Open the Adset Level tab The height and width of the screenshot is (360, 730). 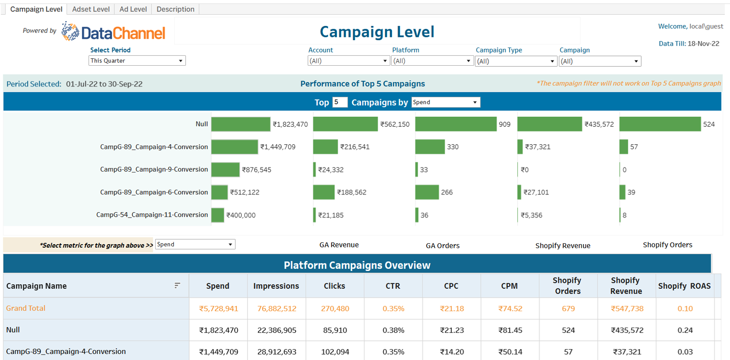tap(91, 9)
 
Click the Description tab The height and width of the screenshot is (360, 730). tap(175, 9)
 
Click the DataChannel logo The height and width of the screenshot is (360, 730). tap(114, 32)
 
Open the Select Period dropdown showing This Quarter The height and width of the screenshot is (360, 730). tap(137, 61)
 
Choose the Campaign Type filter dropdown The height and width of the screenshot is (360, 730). tap(516, 61)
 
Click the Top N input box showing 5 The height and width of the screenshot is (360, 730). tap(339, 102)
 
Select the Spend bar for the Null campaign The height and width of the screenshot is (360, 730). tap(240, 124)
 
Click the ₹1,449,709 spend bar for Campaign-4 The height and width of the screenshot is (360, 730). tap(235, 147)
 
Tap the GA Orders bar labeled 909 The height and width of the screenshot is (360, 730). tap(455, 124)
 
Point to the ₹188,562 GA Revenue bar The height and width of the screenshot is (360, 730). tap(324, 193)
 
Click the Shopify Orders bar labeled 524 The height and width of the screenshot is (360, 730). tap(660, 124)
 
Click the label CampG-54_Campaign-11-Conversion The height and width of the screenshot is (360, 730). tap(152, 215)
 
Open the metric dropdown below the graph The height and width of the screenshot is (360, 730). tap(195, 245)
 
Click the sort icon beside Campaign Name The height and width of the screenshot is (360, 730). tap(177, 286)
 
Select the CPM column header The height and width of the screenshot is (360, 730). tap(509, 286)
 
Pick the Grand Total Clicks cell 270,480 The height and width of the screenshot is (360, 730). tap(335, 309)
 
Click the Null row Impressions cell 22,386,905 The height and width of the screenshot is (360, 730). tap(276, 330)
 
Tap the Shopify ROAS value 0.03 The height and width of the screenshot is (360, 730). tap(685, 352)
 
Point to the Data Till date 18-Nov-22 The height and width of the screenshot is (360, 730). tap(703, 44)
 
